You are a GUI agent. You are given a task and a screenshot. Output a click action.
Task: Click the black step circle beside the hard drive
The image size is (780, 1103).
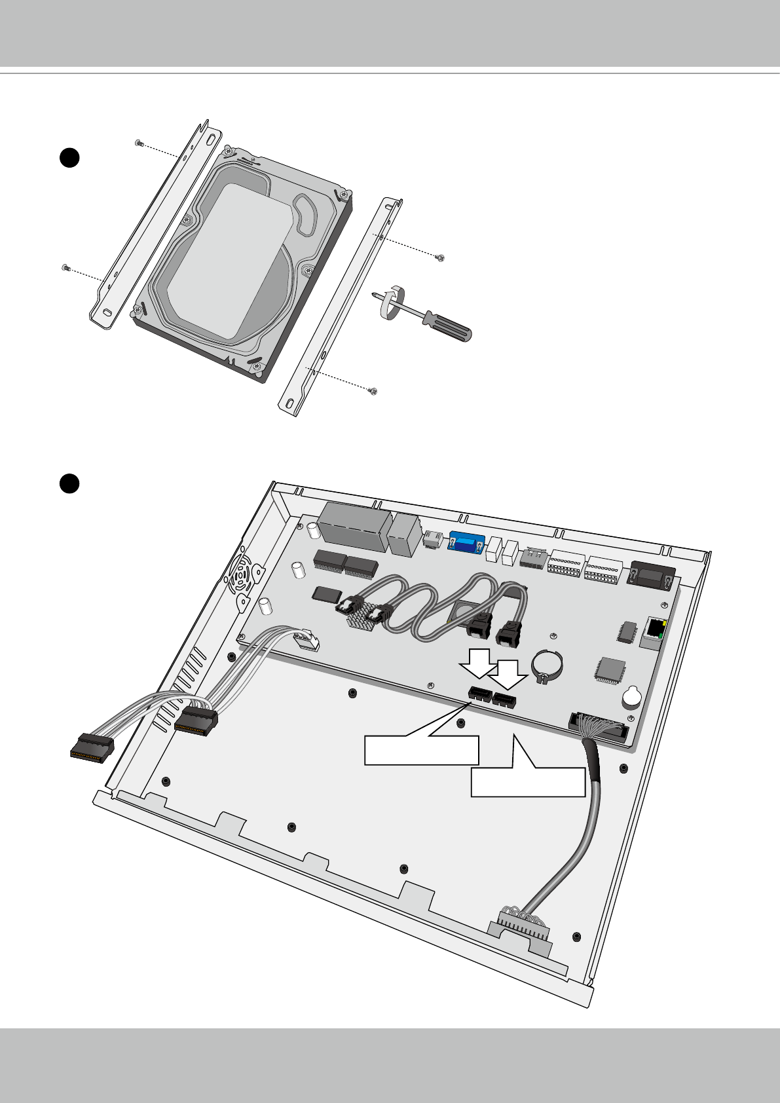pyautogui.click(x=68, y=159)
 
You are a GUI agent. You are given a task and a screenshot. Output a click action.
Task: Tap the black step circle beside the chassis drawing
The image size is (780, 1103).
pyautogui.click(x=68, y=483)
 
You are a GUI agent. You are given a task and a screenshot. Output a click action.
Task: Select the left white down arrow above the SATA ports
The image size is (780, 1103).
pyautogui.click(x=478, y=662)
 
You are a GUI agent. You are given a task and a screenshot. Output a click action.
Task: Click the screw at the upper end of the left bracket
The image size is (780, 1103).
pyautogui.click(x=138, y=142)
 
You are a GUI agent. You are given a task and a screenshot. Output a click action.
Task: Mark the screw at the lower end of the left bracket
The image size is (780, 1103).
pyautogui.click(x=65, y=267)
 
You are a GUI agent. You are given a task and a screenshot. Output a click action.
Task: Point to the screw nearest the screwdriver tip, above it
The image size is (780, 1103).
pyautogui.click(x=441, y=257)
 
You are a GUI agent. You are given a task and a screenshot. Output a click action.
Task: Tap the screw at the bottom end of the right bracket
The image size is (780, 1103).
pyautogui.click(x=373, y=392)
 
